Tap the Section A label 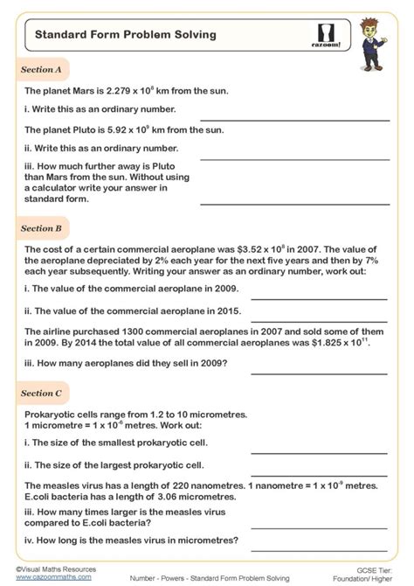coord(41,69)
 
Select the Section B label coord(41,228)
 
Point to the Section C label coord(41,394)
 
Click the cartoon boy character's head coord(376,26)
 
